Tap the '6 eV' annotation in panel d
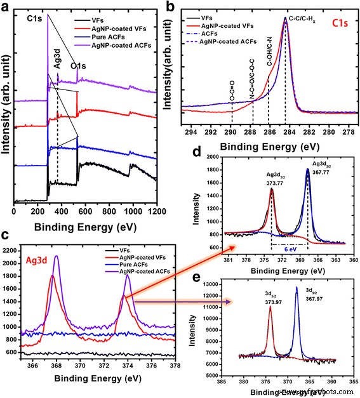pos(289,250)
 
